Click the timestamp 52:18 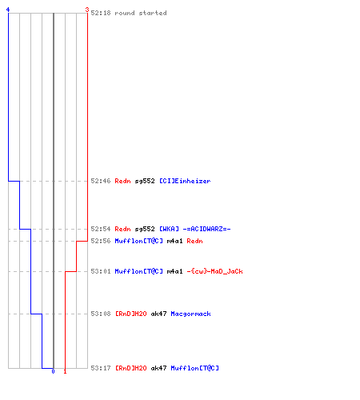(101, 13)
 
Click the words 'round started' (141, 13)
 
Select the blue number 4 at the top (8, 10)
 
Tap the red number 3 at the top (87, 10)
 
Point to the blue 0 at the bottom (53, 371)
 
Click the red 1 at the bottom (65, 371)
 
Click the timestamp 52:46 (101, 181)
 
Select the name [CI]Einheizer (185, 181)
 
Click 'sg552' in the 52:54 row (145, 229)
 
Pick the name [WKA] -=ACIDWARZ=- (195, 229)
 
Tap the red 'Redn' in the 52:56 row (194, 241)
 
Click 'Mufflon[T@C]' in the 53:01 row (138, 271)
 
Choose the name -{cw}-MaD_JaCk (214, 271)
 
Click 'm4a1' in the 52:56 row (174, 241)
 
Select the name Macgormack (190, 314)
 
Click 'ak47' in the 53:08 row (158, 314)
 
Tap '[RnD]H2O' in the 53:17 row (131, 368)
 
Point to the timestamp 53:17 (101, 368)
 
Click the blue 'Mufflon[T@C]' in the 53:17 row (194, 368)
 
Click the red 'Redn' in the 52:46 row (122, 181)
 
